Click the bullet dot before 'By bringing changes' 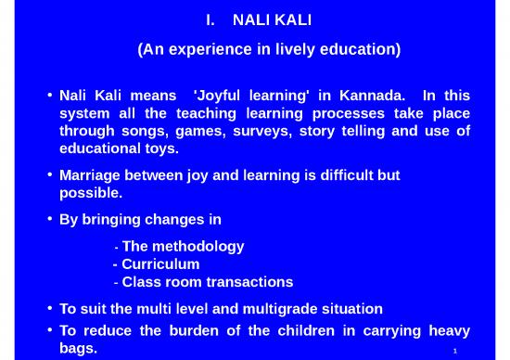pos(48,220)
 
